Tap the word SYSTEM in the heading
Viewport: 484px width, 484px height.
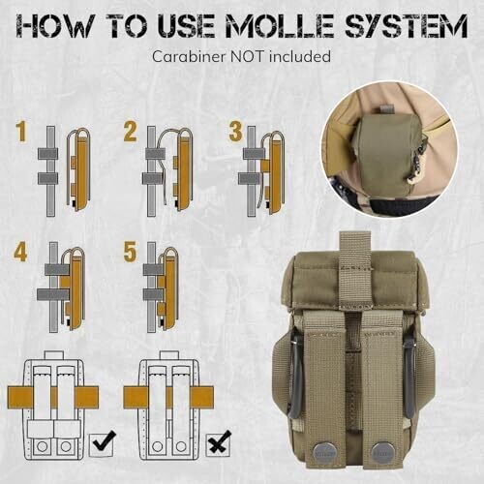(x=406, y=25)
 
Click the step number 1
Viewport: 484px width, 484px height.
(x=21, y=132)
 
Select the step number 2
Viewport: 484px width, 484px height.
(x=130, y=132)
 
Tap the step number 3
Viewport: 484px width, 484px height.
(x=235, y=132)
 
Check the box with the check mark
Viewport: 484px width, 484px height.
(x=103, y=444)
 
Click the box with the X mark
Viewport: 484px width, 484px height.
(x=219, y=444)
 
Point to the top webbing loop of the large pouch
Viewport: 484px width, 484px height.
(x=355, y=268)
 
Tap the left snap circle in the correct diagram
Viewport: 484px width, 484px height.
(x=42, y=446)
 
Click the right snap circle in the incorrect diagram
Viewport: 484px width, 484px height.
(x=181, y=446)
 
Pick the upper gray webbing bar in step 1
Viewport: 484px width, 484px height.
(x=47, y=154)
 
